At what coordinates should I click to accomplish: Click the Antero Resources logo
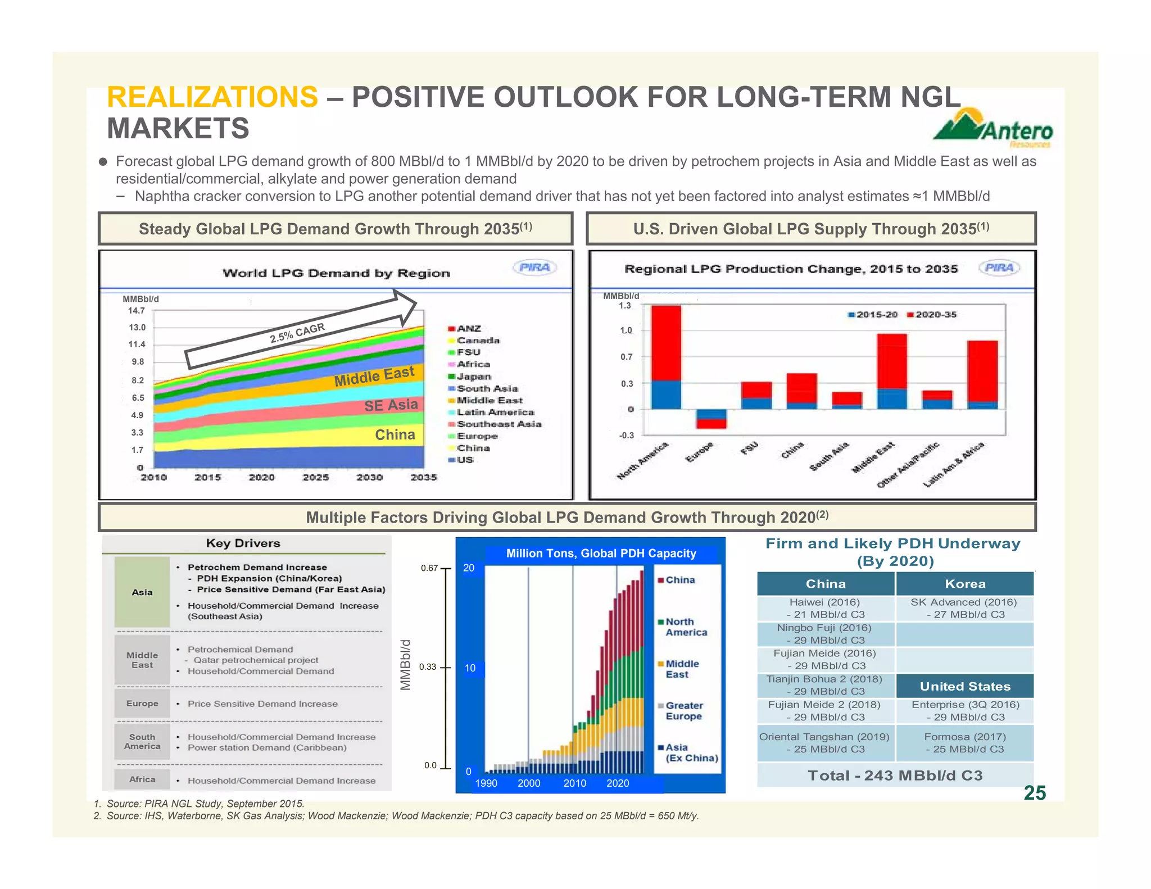[x=993, y=128]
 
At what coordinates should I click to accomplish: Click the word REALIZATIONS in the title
[x=212, y=97]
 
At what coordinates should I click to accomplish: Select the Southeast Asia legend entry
[x=495, y=424]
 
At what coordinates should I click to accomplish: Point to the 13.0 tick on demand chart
[x=137, y=328]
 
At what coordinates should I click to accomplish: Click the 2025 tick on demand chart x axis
[x=315, y=478]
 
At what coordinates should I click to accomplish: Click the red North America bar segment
[x=666, y=343]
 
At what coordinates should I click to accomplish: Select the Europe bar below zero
[x=712, y=419]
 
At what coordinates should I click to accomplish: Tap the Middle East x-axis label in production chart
[x=873, y=457]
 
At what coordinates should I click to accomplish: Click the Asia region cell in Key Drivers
[x=142, y=592]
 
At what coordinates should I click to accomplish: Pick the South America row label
[x=142, y=742]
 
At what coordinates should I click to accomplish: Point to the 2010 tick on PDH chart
[x=574, y=783]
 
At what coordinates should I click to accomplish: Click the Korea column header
[x=964, y=584]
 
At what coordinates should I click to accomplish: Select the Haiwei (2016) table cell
[x=825, y=609]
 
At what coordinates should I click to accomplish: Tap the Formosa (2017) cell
[x=964, y=743]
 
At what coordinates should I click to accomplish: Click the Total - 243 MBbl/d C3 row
[x=895, y=775]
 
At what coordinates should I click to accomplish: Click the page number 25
[x=1034, y=793]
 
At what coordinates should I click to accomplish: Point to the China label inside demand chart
[x=395, y=435]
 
